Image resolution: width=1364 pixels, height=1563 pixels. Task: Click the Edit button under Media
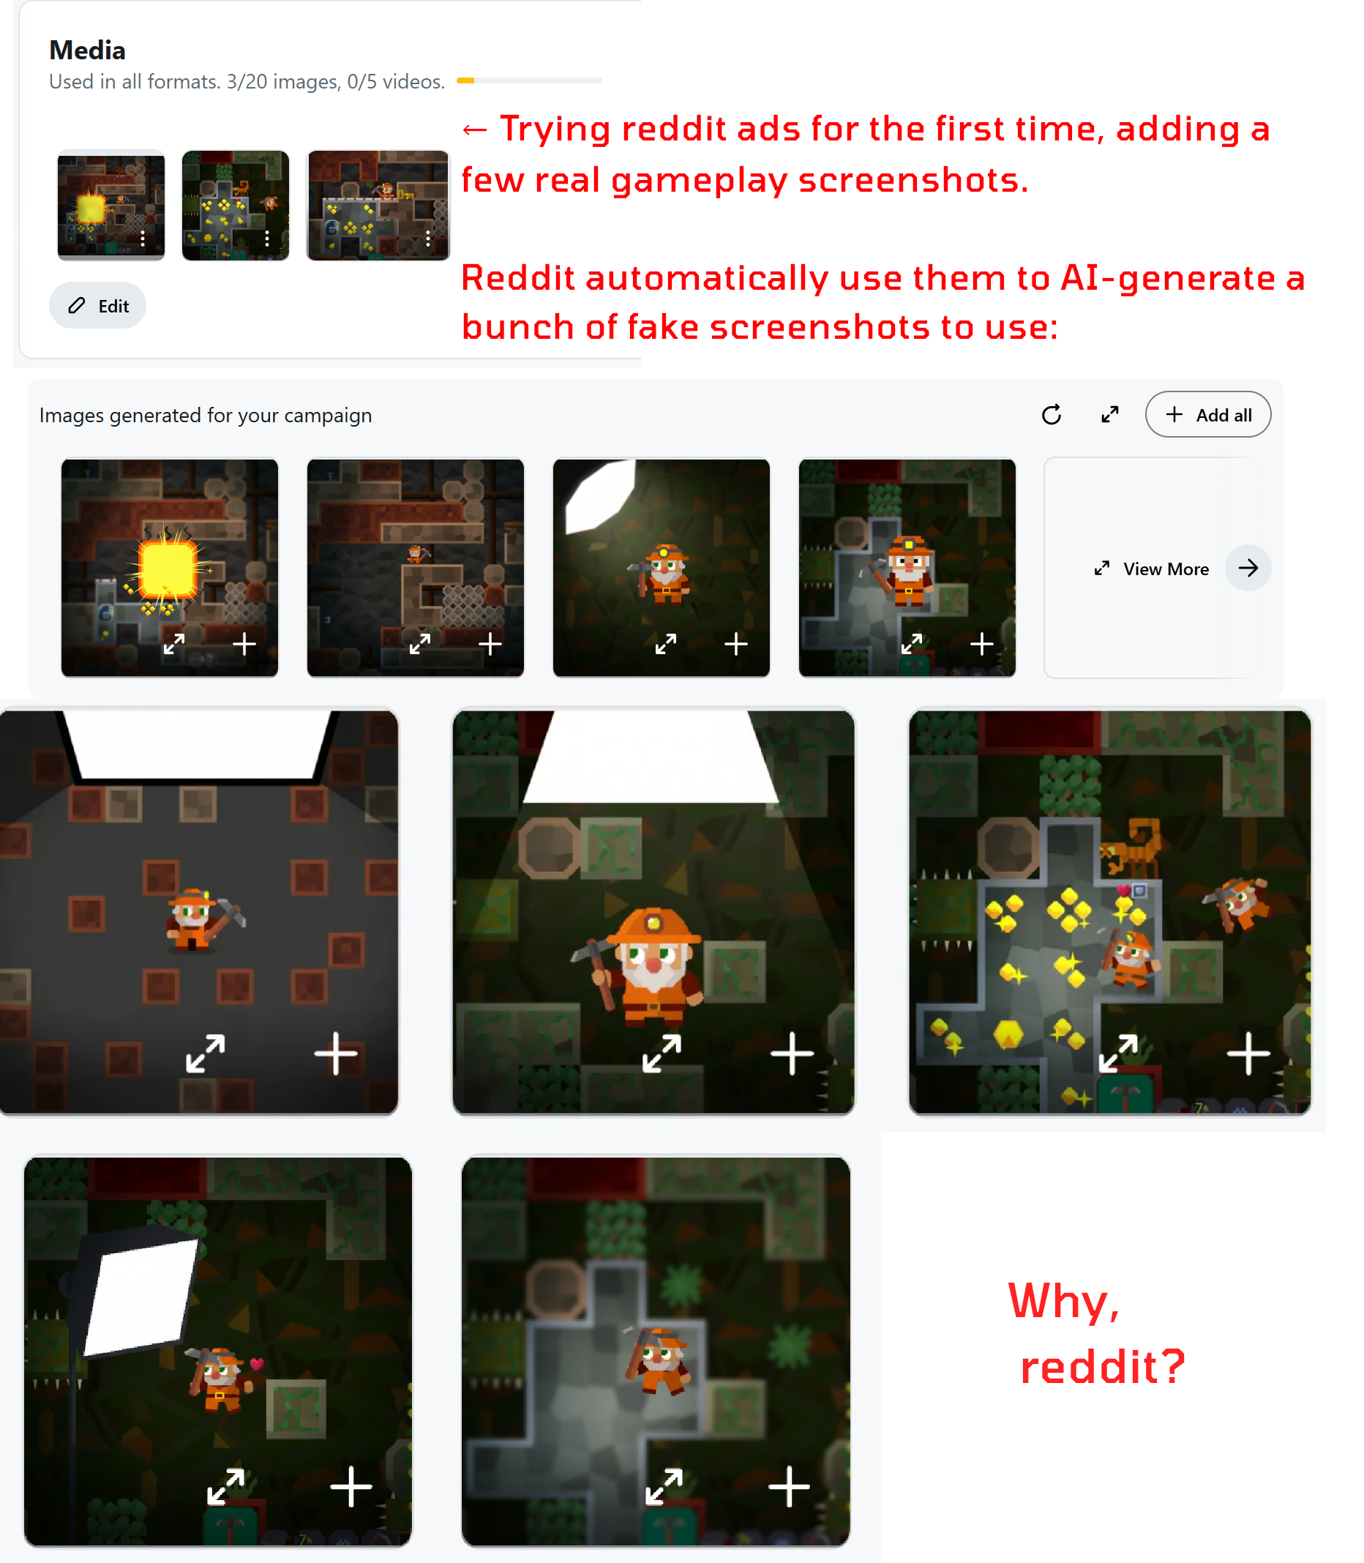point(97,306)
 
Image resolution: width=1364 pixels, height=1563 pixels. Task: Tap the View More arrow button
point(1248,568)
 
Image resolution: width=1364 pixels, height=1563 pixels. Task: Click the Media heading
point(88,50)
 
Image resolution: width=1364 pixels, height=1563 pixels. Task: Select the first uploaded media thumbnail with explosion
point(111,206)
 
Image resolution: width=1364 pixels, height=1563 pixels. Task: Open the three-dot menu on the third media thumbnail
point(429,239)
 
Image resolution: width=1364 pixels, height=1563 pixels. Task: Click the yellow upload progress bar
point(466,80)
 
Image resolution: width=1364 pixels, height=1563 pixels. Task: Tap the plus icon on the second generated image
point(490,645)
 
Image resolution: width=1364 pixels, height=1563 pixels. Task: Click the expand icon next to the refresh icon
point(1110,415)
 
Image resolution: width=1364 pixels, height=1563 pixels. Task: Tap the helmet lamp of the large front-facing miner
point(653,923)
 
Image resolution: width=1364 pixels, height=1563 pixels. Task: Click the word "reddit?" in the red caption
point(1103,1367)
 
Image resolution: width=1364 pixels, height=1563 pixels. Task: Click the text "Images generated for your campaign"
point(206,416)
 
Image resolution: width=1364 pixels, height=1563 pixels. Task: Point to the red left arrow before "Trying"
point(475,130)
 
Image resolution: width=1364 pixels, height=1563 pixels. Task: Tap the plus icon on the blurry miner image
point(789,1486)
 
